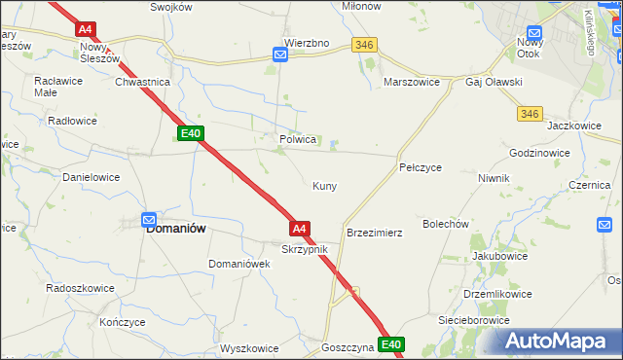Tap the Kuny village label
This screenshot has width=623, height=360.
[x=324, y=186]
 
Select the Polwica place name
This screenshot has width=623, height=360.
[x=298, y=139]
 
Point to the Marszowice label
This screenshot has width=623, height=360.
[x=414, y=83]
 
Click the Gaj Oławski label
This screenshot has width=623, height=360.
[x=494, y=83]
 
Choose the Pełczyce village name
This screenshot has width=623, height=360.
[x=421, y=167]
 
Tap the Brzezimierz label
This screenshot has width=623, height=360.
[x=375, y=234]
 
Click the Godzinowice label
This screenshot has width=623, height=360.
[x=539, y=154]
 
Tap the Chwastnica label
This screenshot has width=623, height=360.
[x=143, y=83]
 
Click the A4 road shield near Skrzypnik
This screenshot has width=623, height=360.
[x=300, y=229]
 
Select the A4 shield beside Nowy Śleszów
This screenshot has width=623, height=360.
[x=85, y=30]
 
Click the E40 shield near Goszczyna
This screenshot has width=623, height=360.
[x=391, y=344]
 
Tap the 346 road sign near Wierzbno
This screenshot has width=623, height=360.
[x=365, y=45]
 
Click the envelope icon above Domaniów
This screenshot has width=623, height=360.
[x=149, y=220]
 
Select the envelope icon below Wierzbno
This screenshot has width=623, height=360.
[x=280, y=55]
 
